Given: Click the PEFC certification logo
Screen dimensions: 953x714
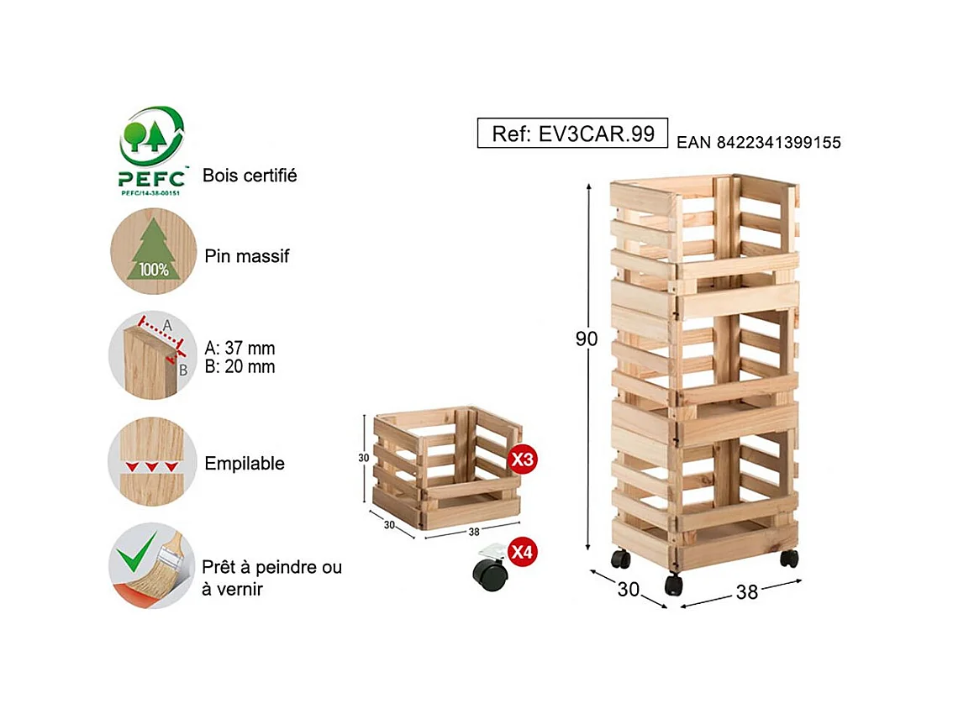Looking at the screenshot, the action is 152,150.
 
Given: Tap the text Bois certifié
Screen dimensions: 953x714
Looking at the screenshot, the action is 250,176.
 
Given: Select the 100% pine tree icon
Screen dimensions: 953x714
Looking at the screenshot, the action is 151,251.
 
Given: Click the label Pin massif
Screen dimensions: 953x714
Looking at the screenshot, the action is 247,256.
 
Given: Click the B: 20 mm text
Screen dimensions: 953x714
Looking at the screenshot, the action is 240,367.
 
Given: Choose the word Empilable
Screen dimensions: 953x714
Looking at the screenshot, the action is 245,464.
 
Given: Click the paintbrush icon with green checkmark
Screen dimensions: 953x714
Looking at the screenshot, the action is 151,565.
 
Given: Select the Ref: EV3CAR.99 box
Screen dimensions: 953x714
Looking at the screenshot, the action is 572,134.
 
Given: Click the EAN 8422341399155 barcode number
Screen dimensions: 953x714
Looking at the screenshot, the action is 758,143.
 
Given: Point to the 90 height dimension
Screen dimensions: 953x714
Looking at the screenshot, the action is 587,339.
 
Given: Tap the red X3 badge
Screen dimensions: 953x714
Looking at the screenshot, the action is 523,459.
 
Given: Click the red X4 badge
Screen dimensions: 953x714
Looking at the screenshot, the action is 523,552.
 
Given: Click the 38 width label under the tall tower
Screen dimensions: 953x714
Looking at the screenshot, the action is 746,592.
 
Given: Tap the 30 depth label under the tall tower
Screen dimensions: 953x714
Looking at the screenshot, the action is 628,590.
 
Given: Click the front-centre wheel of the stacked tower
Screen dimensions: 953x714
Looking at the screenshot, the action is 673,584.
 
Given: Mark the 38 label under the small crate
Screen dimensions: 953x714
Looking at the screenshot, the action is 474,532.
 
